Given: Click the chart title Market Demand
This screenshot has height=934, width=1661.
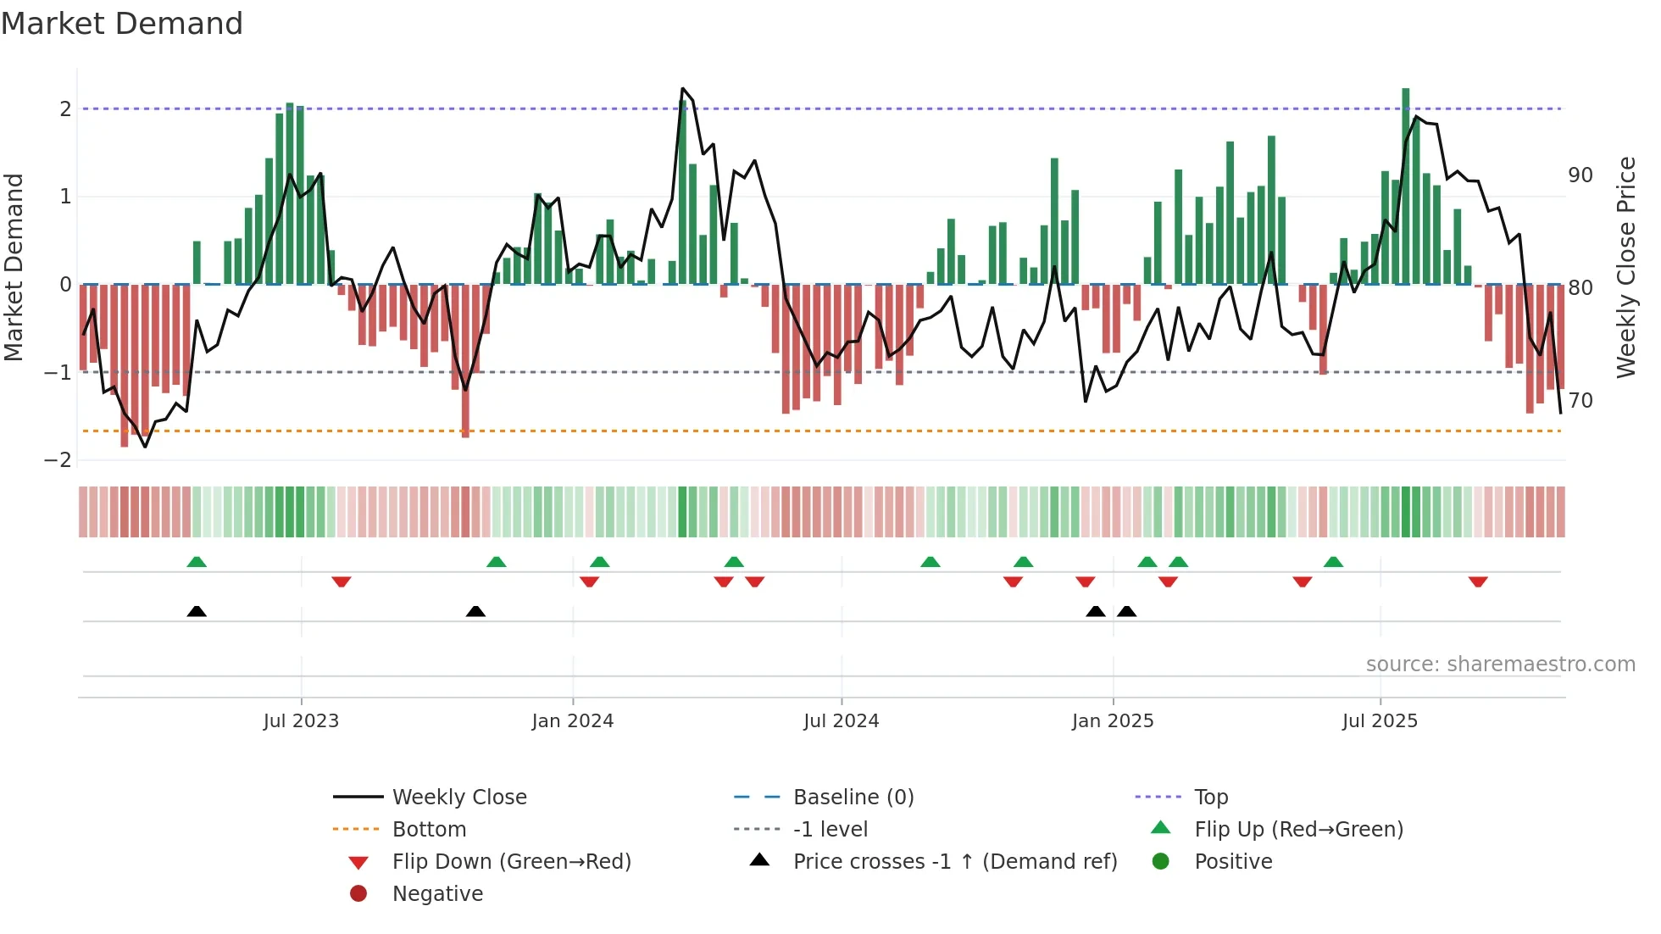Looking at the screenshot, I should click(122, 24).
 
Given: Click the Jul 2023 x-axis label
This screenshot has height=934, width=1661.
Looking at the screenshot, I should click(301, 721).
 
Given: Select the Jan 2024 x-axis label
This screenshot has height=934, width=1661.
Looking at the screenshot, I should click(573, 721).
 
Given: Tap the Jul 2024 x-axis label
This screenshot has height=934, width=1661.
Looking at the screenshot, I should click(842, 721).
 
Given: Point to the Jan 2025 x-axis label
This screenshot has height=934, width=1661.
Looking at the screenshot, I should click(1113, 721).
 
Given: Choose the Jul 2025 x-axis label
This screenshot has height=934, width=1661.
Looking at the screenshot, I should click(1380, 721).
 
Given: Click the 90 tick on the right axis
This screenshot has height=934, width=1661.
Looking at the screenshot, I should click(1580, 175).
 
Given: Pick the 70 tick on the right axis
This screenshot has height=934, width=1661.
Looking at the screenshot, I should click(1580, 400).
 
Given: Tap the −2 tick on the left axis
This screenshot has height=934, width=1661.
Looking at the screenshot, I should click(58, 460).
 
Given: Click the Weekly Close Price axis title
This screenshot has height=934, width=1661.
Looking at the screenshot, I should click(1625, 267).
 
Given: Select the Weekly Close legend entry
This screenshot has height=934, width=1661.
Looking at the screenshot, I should click(459, 798).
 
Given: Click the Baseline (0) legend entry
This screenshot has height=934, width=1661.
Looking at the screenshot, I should click(853, 798).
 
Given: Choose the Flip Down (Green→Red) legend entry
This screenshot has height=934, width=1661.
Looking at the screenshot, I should click(511, 862).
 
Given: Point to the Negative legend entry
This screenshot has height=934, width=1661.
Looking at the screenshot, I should click(437, 894).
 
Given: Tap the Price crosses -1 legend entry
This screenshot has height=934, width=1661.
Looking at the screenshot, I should click(955, 862).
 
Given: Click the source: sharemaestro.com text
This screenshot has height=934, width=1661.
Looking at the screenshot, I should click(1500, 664).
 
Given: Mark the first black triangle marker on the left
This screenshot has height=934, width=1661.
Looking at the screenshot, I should click(197, 611).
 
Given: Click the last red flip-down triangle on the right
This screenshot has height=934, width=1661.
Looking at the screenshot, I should click(1478, 582).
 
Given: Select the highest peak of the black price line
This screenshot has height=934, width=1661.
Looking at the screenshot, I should click(683, 88).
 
